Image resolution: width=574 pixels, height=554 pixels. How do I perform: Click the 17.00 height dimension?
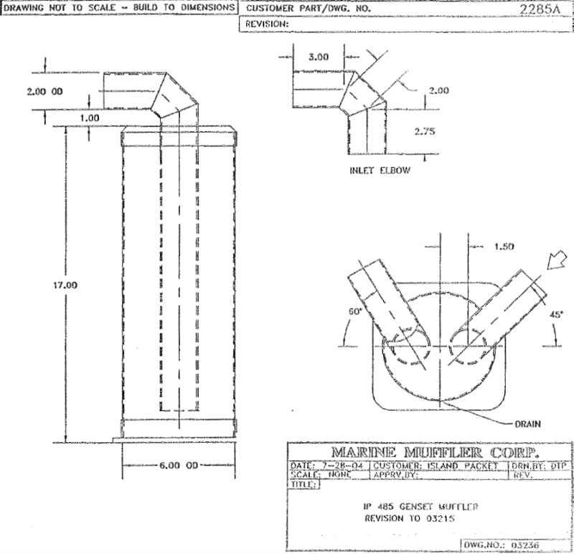pos(66,285)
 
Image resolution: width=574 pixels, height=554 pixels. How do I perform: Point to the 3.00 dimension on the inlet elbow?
pos(318,57)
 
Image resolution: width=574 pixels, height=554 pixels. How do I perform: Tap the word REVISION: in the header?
pos(267,23)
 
